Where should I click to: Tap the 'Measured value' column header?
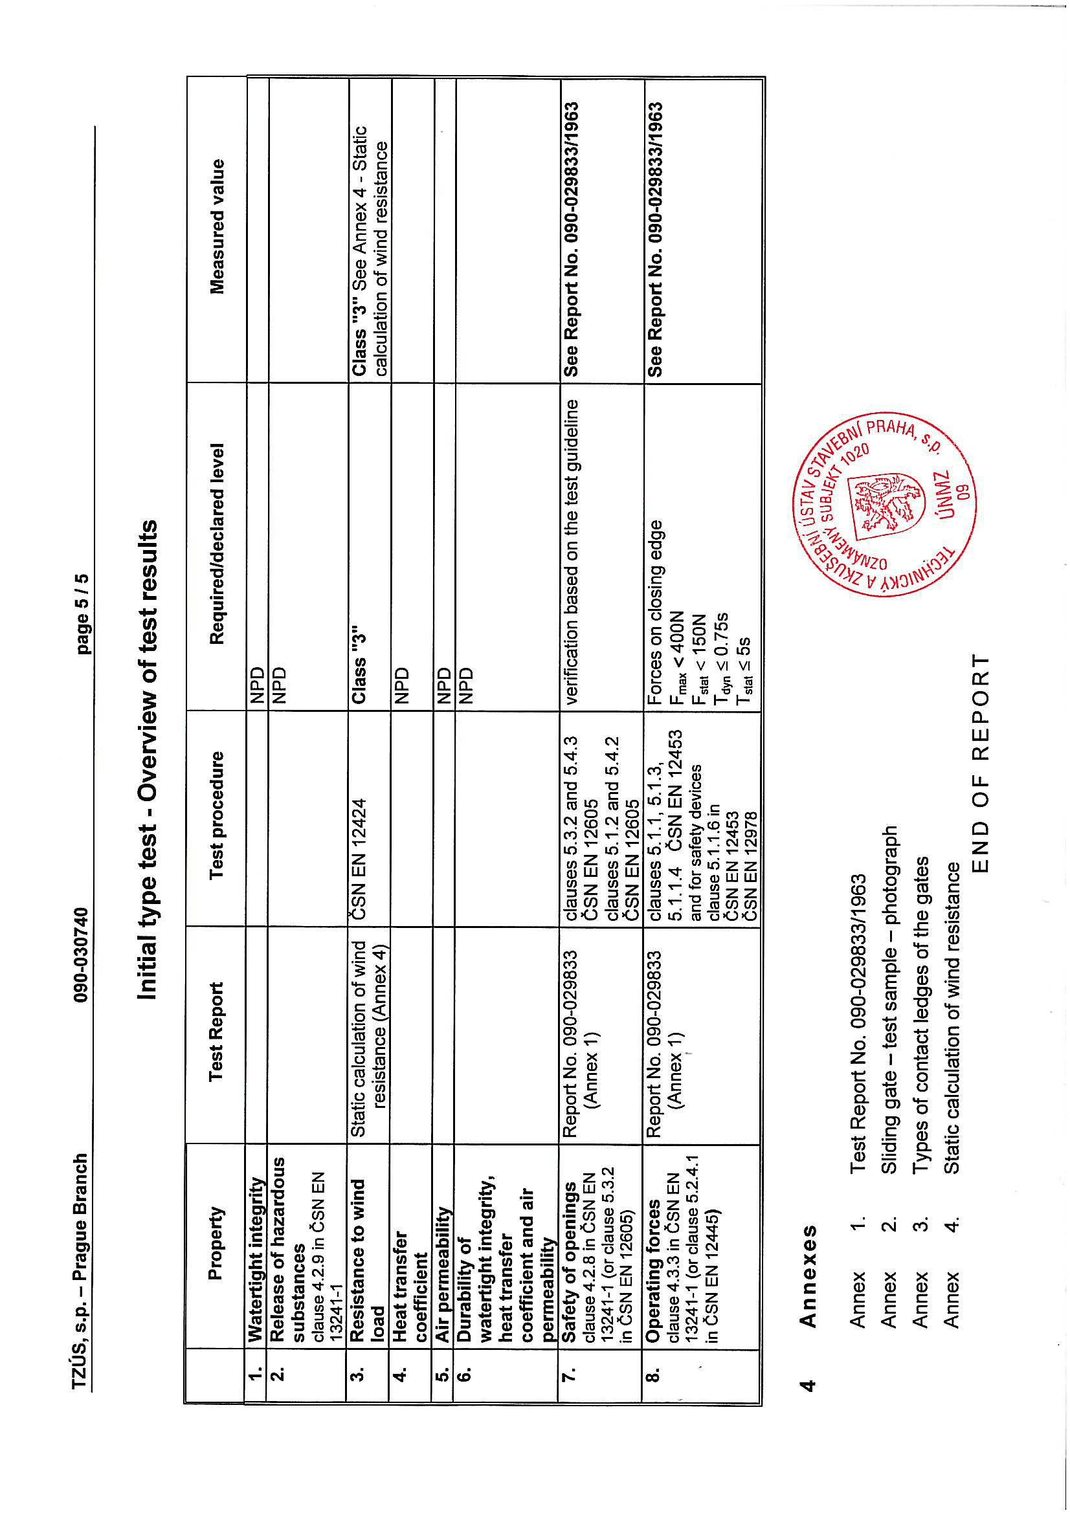tap(217, 226)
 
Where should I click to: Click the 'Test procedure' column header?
tap(217, 815)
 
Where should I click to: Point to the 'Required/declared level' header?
tap(217, 544)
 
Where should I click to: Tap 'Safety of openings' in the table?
tap(569, 1263)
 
